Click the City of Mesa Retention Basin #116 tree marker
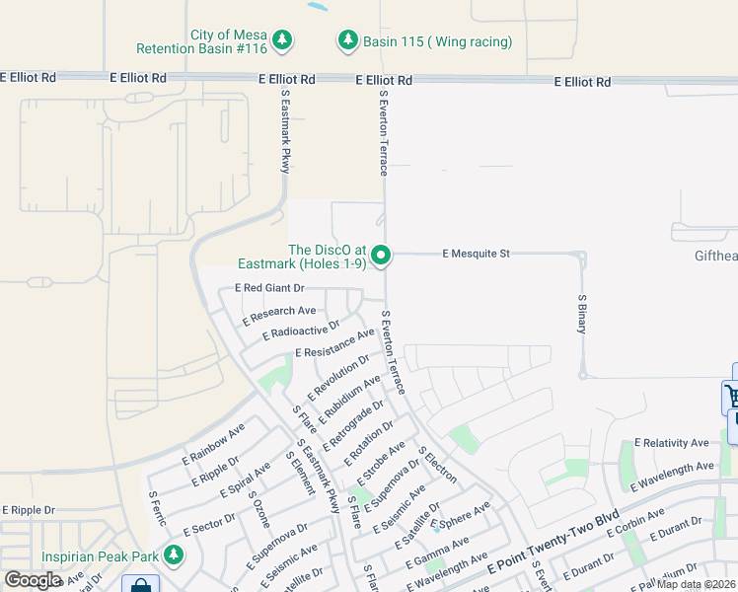283,39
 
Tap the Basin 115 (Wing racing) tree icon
347,39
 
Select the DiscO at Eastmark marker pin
381,257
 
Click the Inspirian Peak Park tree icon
174,555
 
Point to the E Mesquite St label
476,254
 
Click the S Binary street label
582,314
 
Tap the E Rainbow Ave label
213,445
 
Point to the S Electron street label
437,464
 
